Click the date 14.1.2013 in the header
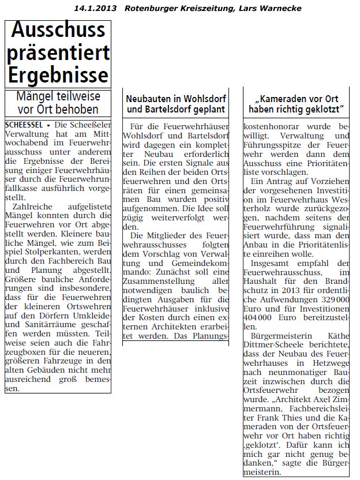click(x=95, y=8)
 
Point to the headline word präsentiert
click(x=58, y=53)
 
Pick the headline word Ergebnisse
click(x=58, y=76)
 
